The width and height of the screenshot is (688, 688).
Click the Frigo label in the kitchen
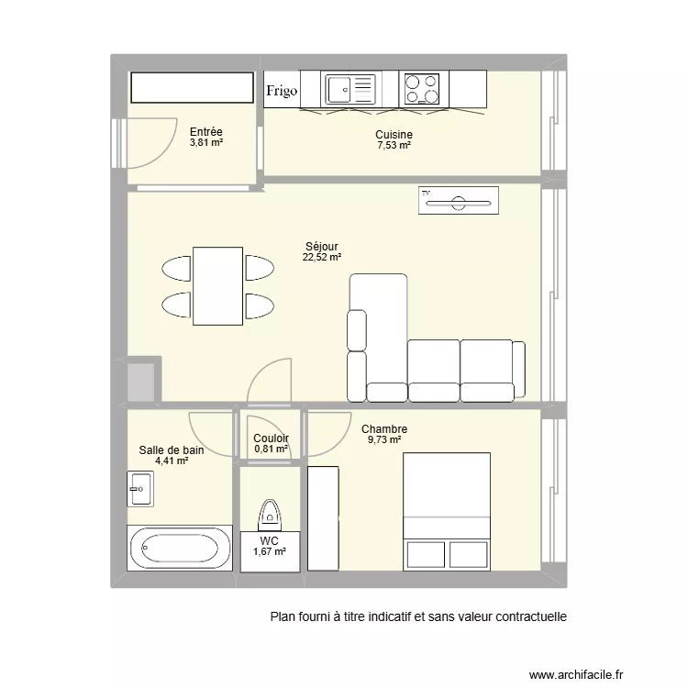point(283,90)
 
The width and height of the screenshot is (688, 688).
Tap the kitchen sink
point(350,89)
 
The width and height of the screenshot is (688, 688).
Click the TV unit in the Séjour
point(458,200)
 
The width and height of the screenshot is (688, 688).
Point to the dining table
point(217,285)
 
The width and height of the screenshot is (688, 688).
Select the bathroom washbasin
point(140,488)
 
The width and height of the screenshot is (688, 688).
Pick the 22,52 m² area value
point(321,258)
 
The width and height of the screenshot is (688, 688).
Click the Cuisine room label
point(394,135)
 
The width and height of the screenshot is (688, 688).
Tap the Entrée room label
point(206,132)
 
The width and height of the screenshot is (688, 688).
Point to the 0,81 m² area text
point(271,450)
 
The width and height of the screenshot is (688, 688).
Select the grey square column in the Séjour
point(143,381)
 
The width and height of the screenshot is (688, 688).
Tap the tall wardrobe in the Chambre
point(323,517)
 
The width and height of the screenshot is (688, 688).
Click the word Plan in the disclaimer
point(283,617)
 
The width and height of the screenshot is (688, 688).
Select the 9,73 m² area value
point(383,440)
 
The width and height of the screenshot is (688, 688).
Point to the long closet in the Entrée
point(191,88)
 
